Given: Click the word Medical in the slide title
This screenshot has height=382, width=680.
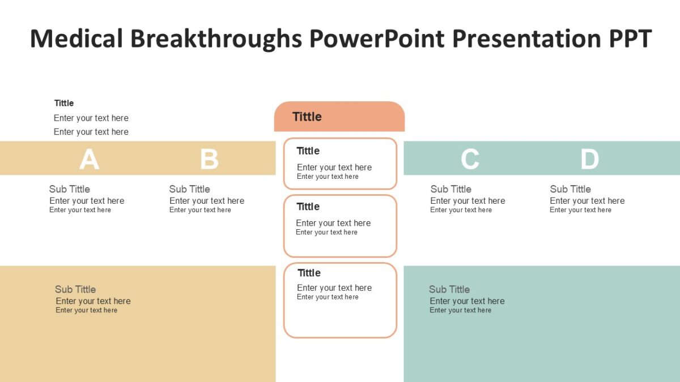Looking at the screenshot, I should (x=76, y=38).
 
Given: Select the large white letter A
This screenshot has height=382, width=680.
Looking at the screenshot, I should (x=89, y=159).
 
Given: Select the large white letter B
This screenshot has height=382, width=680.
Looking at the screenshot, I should (x=209, y=159).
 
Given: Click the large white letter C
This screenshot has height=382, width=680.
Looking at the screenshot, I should (x=470, y=159).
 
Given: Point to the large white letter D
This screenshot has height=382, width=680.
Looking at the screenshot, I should (x=589, y=159).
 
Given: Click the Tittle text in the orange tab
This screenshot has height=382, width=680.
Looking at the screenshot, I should (x=307, y=117).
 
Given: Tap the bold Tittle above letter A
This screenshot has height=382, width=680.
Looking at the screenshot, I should (x=64, y=103).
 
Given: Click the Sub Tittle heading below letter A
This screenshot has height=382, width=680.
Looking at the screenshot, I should (x=69, y=189).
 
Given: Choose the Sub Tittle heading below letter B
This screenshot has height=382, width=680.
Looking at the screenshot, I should (x=189, y=189).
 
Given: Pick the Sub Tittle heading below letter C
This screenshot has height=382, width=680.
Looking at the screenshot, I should (x=450, y=189).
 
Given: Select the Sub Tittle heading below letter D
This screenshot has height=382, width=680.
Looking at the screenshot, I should (x=570, y=189).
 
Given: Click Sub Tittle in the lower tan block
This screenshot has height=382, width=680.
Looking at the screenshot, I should (x=75, y=289).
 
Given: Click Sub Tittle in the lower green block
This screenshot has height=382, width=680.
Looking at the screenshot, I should (x=449, y=289).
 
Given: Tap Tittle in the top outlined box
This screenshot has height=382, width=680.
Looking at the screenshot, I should (x=308, y=151).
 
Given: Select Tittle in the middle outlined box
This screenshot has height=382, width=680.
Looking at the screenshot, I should (x=308, y=207).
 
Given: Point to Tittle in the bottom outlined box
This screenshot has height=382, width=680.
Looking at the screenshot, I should (x=309, y=273).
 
